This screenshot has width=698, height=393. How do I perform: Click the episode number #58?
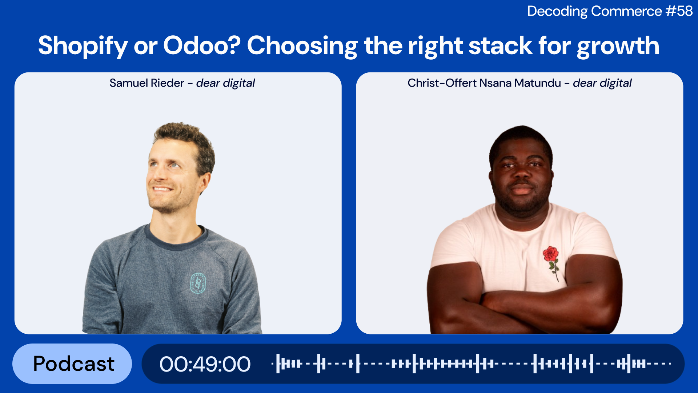pos(679,11)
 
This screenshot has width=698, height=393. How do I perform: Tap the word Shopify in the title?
pos(83,46)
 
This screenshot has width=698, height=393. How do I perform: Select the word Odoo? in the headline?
pos(202,45)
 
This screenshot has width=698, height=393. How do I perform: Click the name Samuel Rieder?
pos(147,83)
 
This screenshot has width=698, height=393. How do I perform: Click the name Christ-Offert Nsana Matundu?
pos(484,83)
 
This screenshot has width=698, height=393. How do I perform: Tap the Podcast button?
pos(72,364)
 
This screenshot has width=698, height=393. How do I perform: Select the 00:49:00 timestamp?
pos(205,364)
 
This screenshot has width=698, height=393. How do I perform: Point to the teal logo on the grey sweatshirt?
pos(198,283)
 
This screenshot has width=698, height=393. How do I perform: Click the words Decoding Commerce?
pos(594,11)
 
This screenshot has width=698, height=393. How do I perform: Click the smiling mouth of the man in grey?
pos(163,189)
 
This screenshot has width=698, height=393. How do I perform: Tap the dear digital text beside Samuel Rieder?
pos(225,83)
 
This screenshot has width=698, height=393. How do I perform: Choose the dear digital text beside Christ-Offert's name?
pos(602,83)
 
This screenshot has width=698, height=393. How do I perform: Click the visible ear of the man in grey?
pos(205,182)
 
